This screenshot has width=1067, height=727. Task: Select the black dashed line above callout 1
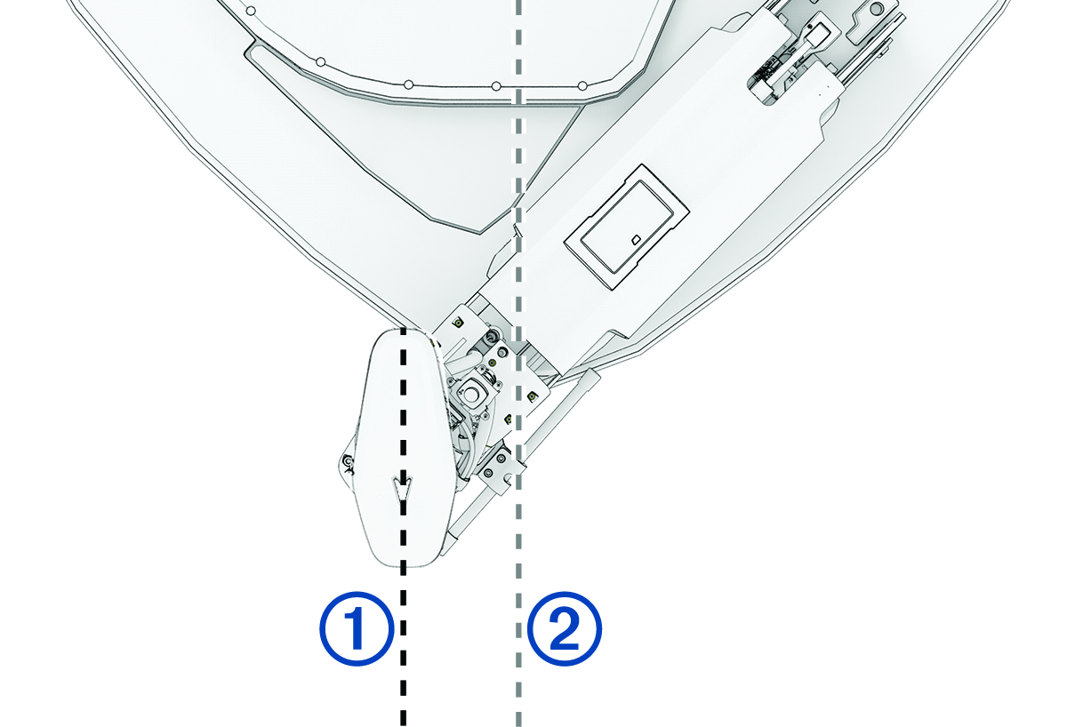pyautogui.click(x=403, y=418)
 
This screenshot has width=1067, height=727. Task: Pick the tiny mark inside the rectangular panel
pyautogui.click(x=635, y=240)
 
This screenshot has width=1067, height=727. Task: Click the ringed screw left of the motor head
pyautogui.click(x=348, y=460)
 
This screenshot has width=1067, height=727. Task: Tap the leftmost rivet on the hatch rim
pyautogui.click(x=252, y=12)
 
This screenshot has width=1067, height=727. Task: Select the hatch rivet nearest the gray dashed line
pyautogui.click(x=496, y=88)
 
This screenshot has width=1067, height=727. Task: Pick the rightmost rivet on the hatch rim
pyautogui.click(x=582, y=85)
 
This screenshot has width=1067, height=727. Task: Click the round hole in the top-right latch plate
pyautogui.click(x=877, y=9)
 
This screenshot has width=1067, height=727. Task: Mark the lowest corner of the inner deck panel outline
pyautogui.click(x=480, y=233)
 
